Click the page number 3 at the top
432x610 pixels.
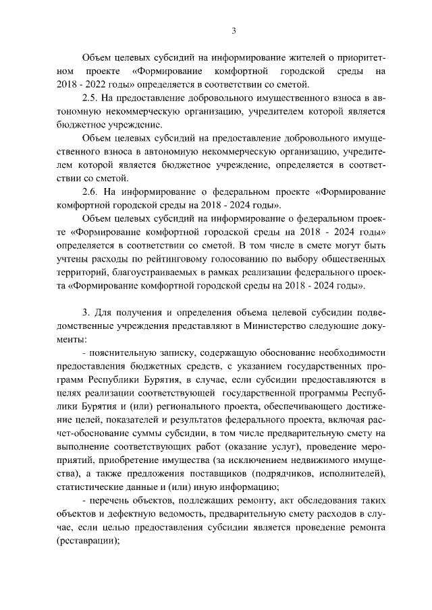[233, 30]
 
